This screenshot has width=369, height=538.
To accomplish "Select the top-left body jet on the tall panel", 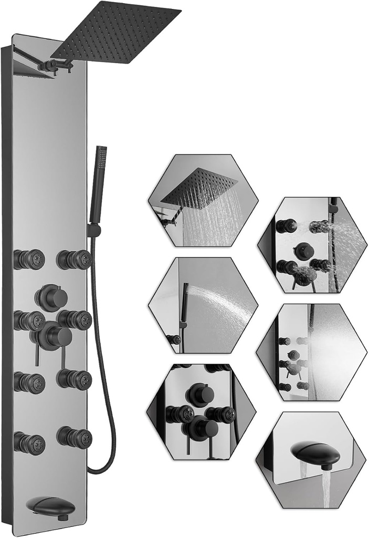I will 29,259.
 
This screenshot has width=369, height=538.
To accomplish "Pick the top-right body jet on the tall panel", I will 75,259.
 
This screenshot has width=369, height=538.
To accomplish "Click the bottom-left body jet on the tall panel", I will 29,442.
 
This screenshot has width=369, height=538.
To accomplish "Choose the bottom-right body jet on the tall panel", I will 75,437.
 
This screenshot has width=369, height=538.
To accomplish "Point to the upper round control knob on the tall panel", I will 51,298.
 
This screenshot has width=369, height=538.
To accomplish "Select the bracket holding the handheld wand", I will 93,230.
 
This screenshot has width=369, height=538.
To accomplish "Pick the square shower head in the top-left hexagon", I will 199,187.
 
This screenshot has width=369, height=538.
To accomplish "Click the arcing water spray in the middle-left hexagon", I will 220,299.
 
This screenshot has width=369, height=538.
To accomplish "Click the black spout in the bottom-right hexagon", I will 315,454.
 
